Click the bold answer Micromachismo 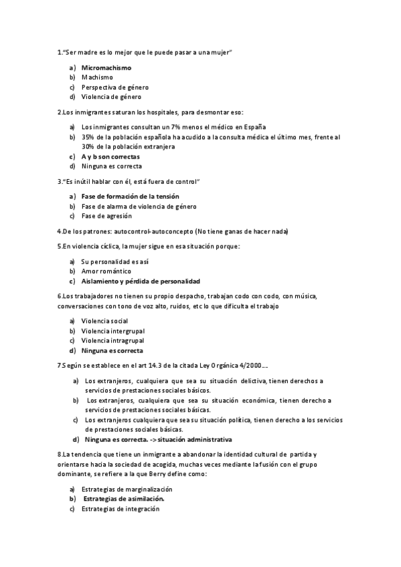point(106,68)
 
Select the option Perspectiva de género point(114,87)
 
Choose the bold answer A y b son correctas point(110,156)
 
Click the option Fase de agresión point(106,216)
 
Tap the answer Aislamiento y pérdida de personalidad point(141,281)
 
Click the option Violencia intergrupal point(112,331)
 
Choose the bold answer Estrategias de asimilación point(125,499)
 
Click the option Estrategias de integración point(121,508)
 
